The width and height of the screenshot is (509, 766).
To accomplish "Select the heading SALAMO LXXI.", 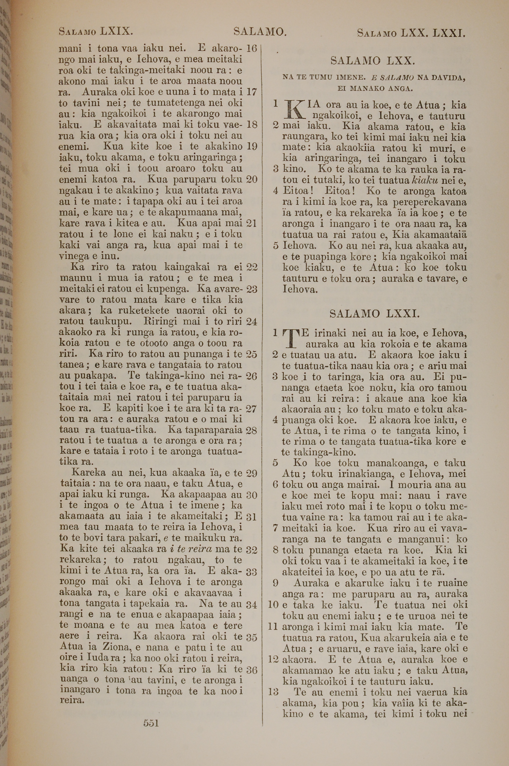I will pos(375,314).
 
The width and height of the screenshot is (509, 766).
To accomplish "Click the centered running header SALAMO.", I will pos(260,32).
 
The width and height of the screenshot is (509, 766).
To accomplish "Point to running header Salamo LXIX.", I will pos(96,32).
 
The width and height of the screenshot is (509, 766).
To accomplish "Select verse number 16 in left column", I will pos(252,49).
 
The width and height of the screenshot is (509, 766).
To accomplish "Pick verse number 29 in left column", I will pos(252,473).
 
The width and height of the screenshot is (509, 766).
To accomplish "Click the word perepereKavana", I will pos(430,202).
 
